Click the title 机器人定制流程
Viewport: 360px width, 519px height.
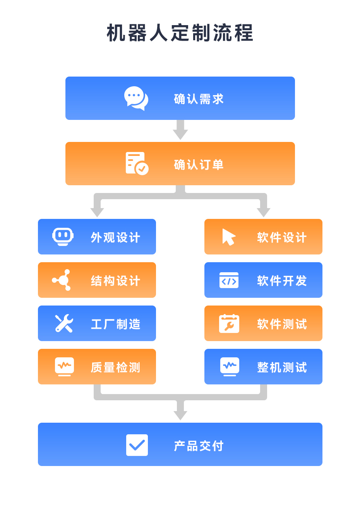[180, 33]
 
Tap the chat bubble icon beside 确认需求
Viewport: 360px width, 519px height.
[136, 98]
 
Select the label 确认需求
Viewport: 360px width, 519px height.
[199, 99]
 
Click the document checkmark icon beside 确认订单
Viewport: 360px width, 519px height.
[137, 163]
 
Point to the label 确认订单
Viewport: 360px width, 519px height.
[199, 165]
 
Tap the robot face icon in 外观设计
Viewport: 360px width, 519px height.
[63, 237]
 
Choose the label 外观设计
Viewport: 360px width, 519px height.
[116, 237]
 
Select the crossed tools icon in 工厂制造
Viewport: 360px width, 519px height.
[64, 323]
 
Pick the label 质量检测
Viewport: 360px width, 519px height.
[116, 367]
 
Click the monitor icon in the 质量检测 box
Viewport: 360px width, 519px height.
[64, 367]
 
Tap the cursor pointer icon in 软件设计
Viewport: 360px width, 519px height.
[229, 237]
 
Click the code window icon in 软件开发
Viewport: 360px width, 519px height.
[229, 280]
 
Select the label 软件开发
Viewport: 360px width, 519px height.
[282, 281]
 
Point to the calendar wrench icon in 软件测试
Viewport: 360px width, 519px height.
[229, 324]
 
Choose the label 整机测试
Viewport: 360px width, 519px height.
[282, 367]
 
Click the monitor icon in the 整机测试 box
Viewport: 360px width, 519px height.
[230, 367]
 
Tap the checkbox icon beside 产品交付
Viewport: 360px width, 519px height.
[137, 445]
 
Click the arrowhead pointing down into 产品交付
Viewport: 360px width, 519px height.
[180, 415]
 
